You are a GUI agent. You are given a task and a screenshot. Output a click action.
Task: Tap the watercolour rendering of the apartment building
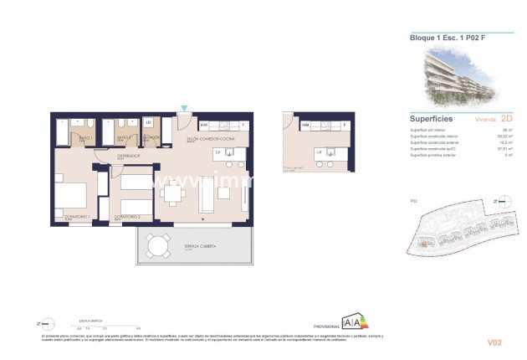456,76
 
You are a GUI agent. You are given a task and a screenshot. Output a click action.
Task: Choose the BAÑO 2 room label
122,137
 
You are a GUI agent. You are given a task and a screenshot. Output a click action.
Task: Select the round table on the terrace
156,245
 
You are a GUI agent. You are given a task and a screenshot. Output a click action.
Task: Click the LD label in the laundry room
148,122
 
